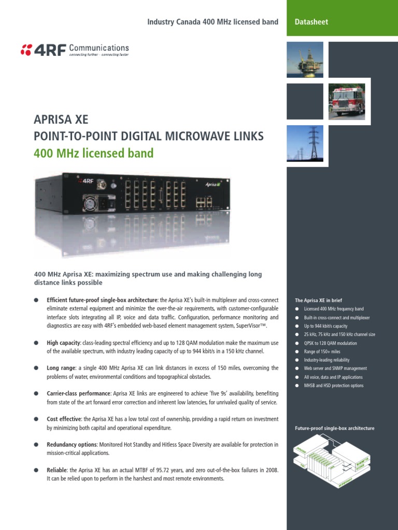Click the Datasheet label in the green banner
pyautogui.click(x=311, y=22)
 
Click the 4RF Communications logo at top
pyautogui.click(x=75, y=50)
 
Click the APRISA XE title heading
pyautogui.click(x=61, y=120)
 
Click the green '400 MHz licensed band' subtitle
pyautogui.click(x=94, y=153)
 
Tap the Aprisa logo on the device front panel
pyautogui.click(x=212, y=184)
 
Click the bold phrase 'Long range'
pyautogui.click(x=61, y=368)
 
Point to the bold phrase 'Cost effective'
pyautogui.click(x=64, y=419)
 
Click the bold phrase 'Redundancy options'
pyautogui.click(x=70, y=445)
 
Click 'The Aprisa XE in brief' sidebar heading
pyautogui.click(x=318, y=300)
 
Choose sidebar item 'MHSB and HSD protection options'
pyautogui.click(x=334, y=386)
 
